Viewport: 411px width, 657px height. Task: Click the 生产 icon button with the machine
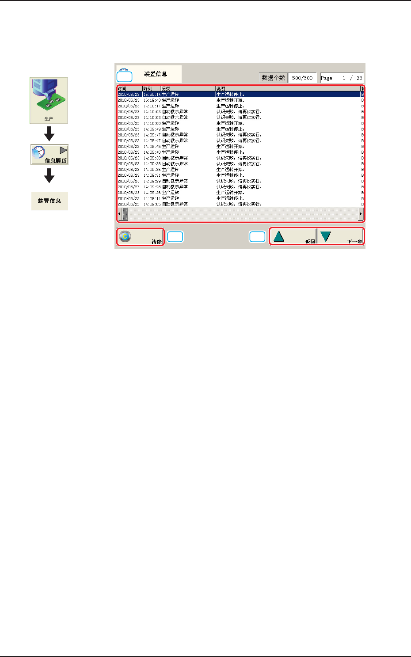(x=49, y=100)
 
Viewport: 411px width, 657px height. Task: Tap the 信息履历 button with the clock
(x=49, y=155)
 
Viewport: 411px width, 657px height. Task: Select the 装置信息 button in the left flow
(x=49, y=201)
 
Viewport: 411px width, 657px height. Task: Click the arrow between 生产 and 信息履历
(x=49, y=133)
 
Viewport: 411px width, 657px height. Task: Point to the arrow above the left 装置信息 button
(x=49, y=176)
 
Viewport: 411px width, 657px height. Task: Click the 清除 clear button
(x=140, y=237)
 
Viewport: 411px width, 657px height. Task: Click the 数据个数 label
(x=273, y=78)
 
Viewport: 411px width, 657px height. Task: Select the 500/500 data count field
(x=302, y=78)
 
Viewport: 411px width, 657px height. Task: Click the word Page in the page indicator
(x=327, y=78)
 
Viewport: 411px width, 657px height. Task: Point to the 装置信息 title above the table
(x=156, y=74)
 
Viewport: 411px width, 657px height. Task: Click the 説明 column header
(x=221, y=89)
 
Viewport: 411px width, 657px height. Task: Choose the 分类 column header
(x=166, y=89)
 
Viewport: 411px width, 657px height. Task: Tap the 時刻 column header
(x=148, y=89)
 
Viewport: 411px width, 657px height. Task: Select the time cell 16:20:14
(x=152, y=95)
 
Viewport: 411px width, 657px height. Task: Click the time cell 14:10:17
(x=152, y=106)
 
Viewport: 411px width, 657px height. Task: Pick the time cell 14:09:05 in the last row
(x=152, y=204)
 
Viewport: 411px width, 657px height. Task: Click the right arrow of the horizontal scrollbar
(x=361, y=214)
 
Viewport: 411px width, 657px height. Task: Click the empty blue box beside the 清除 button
(x=175, y=237)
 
